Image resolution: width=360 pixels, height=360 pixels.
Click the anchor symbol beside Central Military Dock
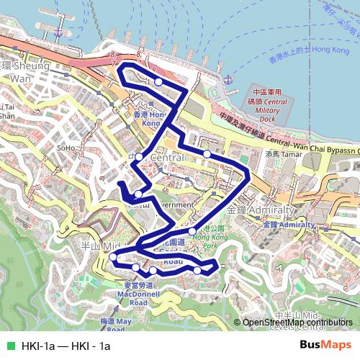point(229,79)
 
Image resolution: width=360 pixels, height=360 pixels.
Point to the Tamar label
point(281,153)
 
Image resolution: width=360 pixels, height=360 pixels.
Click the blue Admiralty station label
point(289,225)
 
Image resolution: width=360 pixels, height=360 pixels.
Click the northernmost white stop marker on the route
point(158,82)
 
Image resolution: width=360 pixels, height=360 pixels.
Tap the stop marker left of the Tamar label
point(207,154)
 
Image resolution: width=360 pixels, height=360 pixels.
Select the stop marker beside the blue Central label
point(138,156)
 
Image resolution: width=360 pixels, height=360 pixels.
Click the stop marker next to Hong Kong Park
point(192,231)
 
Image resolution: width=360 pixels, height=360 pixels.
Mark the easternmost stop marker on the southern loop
point(197,271)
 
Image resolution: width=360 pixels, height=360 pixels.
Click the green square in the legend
point(9,346)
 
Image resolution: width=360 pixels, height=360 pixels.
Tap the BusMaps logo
point(325,346)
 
